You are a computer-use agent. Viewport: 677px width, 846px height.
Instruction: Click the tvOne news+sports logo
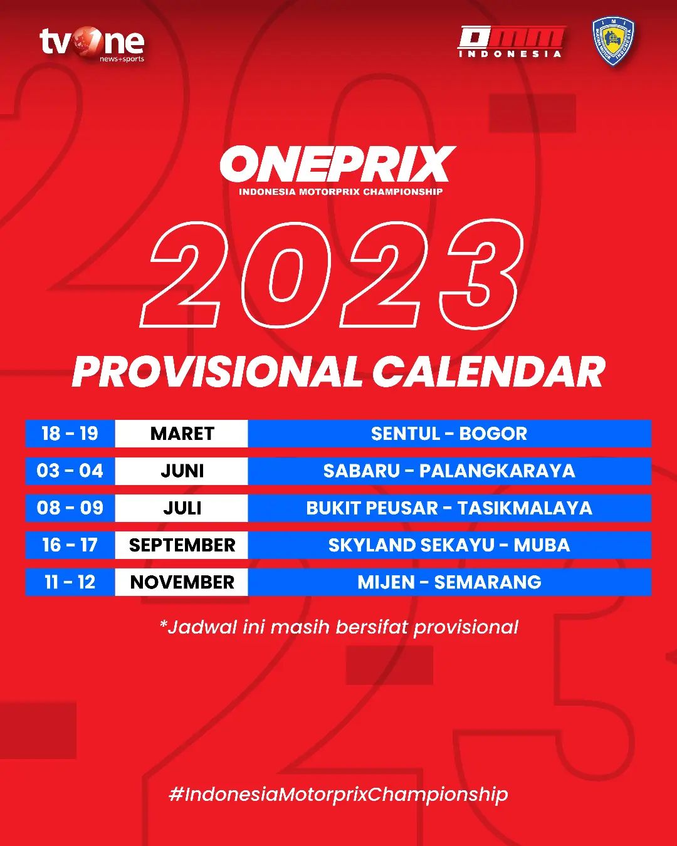92,44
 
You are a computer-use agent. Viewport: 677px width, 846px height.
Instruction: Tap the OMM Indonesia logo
511,42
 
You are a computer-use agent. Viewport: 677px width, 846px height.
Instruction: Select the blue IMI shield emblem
613,41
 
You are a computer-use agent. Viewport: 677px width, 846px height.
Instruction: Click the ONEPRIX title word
338,164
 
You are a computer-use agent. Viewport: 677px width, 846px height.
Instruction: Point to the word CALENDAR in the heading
488,372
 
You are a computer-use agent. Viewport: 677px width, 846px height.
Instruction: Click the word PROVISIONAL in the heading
217,372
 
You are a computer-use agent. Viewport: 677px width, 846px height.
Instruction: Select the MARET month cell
182,434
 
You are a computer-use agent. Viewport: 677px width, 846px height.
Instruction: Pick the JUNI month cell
182,471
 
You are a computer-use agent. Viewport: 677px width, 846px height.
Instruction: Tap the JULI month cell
182,508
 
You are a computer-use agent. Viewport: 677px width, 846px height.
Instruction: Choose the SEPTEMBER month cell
182,545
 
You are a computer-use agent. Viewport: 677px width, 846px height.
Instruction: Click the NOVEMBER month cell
182,582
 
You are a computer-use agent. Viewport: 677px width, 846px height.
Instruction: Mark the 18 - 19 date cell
70,434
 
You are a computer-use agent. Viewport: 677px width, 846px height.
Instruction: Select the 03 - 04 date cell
70,471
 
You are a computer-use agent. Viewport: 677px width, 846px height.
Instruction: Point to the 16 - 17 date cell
70,545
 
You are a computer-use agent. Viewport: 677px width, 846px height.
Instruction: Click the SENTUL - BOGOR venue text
449,434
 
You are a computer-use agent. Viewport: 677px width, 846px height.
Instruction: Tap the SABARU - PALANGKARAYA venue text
449,471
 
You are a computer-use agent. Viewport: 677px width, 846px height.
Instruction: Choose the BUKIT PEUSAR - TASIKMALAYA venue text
449,508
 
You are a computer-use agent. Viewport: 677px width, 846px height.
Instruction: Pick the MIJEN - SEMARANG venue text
449,582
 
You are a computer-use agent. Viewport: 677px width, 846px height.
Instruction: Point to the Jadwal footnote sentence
339,627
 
